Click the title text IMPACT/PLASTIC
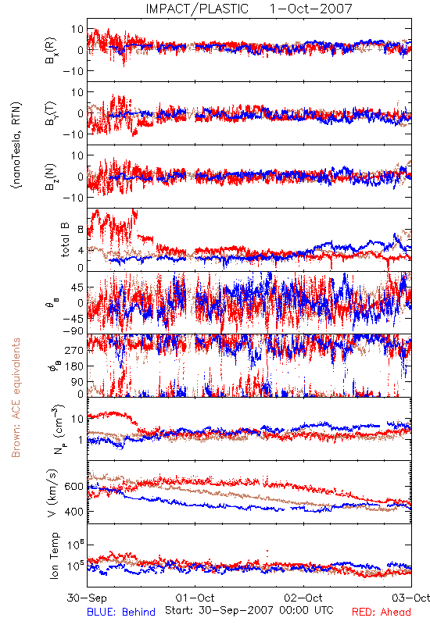(x=197, y=9)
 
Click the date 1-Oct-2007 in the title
(x=311, y=9)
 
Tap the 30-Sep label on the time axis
(x=87, y=598)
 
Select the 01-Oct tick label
(x=195, y=598)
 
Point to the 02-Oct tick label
(x=303, y=598)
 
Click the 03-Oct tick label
(x=410, y=598)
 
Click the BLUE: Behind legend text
(x=121, y=612)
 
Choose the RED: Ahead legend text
(x=382, y=612)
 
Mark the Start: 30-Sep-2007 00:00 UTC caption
(x=249, y=610)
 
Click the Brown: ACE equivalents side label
(x=16, y=398)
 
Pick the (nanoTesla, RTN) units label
(x=16, y=145)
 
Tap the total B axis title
(x=65, y=240)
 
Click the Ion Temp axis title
(x=54, y=555)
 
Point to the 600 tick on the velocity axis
(x=74, y=487)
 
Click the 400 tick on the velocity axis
(x=74, y=512)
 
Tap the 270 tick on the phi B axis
(x=74, y=350)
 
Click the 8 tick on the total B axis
(x=81, y=230)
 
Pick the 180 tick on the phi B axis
(x=74, y=366)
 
